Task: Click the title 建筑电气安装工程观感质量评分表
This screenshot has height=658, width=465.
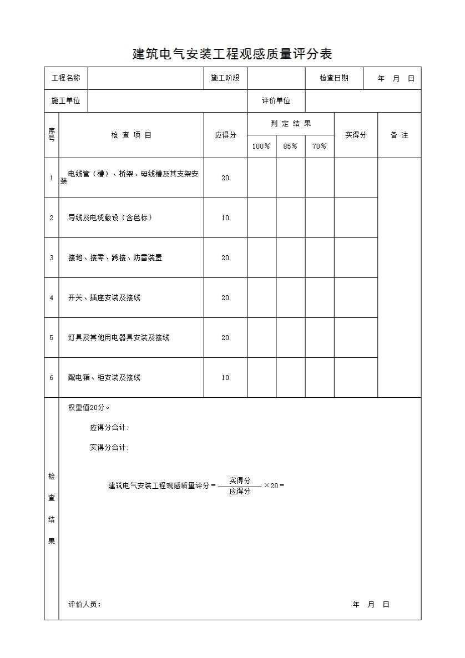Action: tap(232, 54)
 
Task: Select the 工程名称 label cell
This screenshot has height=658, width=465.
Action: tap(65, 78)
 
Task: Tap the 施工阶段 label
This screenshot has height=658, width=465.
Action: tap(225, 78)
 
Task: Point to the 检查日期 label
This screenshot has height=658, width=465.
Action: tap(333, 78)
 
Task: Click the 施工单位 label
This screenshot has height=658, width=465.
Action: tap(65, 101)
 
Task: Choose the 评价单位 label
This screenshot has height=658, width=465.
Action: tap(276, 101)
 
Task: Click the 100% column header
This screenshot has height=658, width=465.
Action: tap(261, 146)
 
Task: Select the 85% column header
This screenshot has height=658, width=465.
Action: tap(290, 146)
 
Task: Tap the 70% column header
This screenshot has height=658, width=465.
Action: tap(319, 146)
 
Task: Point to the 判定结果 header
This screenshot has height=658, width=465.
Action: tap(290, 124)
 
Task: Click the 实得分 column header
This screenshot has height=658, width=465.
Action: tap(356, 135)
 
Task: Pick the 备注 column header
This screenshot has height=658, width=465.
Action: tap(399, 135)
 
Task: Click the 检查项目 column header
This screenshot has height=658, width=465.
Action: tap(131, 135)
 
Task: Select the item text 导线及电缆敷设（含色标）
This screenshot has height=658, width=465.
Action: tap(110, 217)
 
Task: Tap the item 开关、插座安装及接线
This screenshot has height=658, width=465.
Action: tap(104, 297)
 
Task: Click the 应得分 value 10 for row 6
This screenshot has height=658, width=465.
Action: tap(225, 377)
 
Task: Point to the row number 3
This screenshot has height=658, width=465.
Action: tap(52, 257)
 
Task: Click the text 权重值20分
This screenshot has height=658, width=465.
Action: tap(89, 407)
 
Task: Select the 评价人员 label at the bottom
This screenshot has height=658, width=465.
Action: tap(84, 604)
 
